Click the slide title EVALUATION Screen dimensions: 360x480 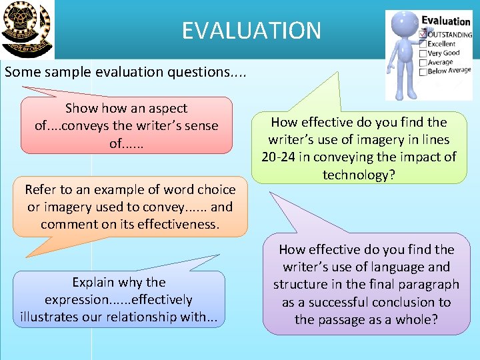pos(251,30)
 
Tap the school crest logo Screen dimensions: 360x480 pos(26,29)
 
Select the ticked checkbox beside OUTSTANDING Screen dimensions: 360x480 pos(421,33)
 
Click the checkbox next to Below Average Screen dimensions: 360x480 pos(421,70)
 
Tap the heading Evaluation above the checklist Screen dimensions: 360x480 pos(445,21)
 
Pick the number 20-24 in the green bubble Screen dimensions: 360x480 pos(279,157)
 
